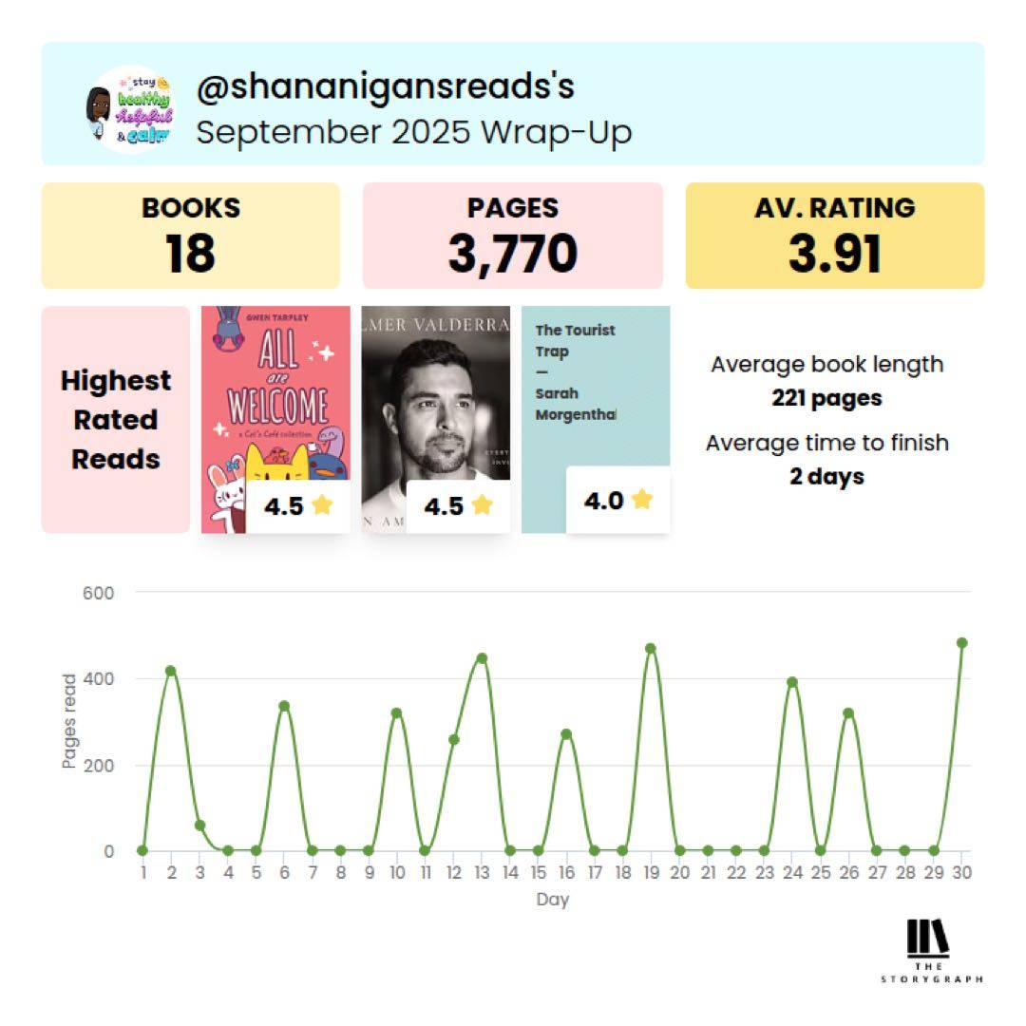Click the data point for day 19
coord(651,649)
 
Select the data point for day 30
coord(961,643)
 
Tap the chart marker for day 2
coord(171,671)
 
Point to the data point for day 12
coord(453,739)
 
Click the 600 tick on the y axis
coord(98,593)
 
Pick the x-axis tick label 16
coord(566,872)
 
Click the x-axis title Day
coord(552,899)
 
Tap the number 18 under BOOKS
coord(190,254)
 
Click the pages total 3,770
coord(512,254)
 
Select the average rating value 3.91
coord(834,254)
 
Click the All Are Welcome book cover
coord(275,399)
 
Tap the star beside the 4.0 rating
coord(642,499)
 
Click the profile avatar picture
coord(129,109)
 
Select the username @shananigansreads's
coord(385,87)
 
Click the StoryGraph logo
coord(929,950)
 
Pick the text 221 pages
coord(826,398)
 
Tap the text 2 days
coord(826,476)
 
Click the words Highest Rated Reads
coord(116,420)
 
